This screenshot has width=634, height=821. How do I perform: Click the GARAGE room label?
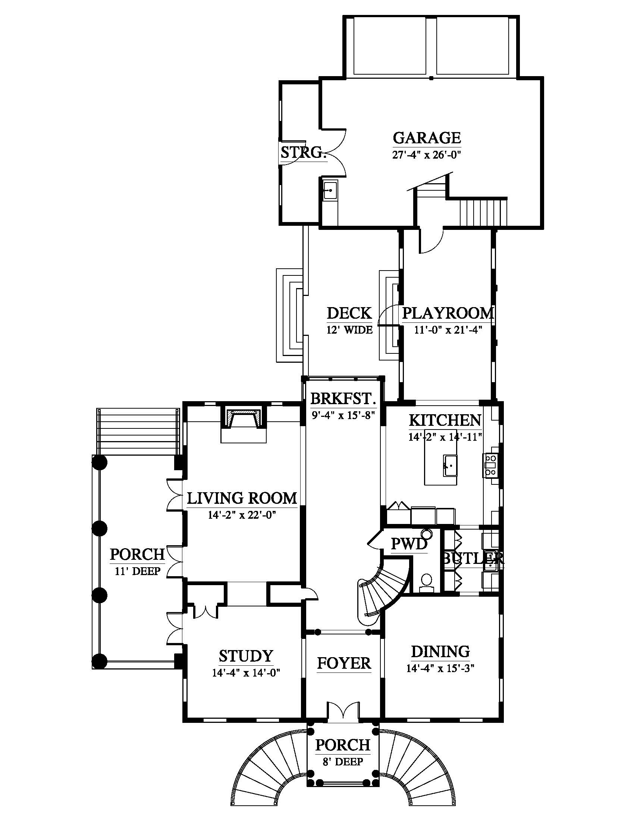[x=427, y=138]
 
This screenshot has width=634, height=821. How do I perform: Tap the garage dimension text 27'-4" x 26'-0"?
[x=427, y=155]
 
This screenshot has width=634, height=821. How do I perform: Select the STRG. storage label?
[x=303, y=152]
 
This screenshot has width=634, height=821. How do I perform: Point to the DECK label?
[x=349, y=313]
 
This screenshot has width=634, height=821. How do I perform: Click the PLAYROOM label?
[x=448, y=313]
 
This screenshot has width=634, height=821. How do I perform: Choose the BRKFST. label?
[x=343, y=398]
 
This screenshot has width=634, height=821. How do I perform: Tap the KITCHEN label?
[x=445, y=420]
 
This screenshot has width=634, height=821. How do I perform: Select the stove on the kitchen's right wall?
[x=491, y=466]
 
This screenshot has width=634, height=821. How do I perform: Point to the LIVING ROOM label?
[x=242, y=498]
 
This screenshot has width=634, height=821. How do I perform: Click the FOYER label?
[x=344, y=664]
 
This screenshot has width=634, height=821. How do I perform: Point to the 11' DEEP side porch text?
[x=138, y=571]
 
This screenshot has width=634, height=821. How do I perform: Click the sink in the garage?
[x=330, y=191]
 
